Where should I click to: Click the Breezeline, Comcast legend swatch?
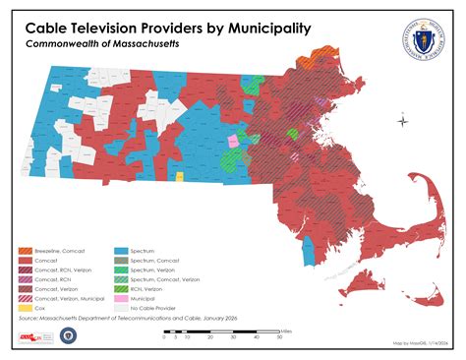click(x=25, y=251)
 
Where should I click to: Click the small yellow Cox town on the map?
click(x=179, y=177)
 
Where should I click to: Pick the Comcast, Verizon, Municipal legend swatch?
click(x=25, y=296)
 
